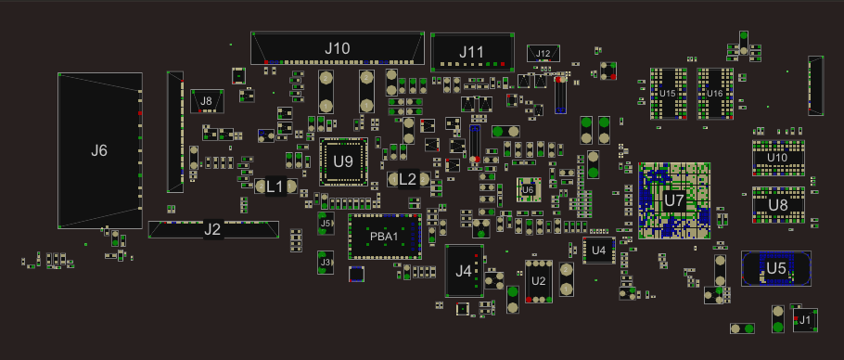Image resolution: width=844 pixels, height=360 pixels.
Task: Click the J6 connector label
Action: point(99,150)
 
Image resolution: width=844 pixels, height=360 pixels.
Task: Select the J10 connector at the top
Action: point(338,48)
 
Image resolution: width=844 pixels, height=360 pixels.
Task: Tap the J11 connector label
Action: point(471,52)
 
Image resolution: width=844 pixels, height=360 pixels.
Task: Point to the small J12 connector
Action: point(543,53)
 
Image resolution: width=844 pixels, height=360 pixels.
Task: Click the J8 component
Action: point(207,101)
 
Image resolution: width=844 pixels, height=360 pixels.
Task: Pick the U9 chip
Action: point(343,161)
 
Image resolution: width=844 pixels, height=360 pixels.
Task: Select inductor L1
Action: point(275,186)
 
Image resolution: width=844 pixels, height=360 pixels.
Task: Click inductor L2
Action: point(407,179)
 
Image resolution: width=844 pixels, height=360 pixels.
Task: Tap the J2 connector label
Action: point(212,230)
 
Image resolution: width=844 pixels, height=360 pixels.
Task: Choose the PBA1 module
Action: point(384,237)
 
